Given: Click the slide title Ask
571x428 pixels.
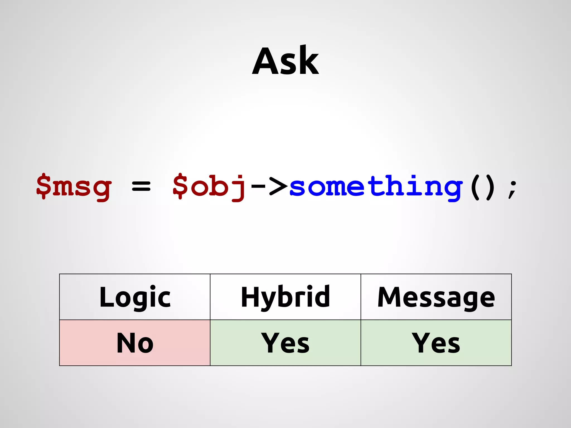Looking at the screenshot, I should [x=285, y=61].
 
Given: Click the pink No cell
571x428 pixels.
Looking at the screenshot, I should [x=135, y=343].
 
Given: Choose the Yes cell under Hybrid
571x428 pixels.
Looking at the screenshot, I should [x=285, y=343].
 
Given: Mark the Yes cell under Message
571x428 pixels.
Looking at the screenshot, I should [x=436, y=343].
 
